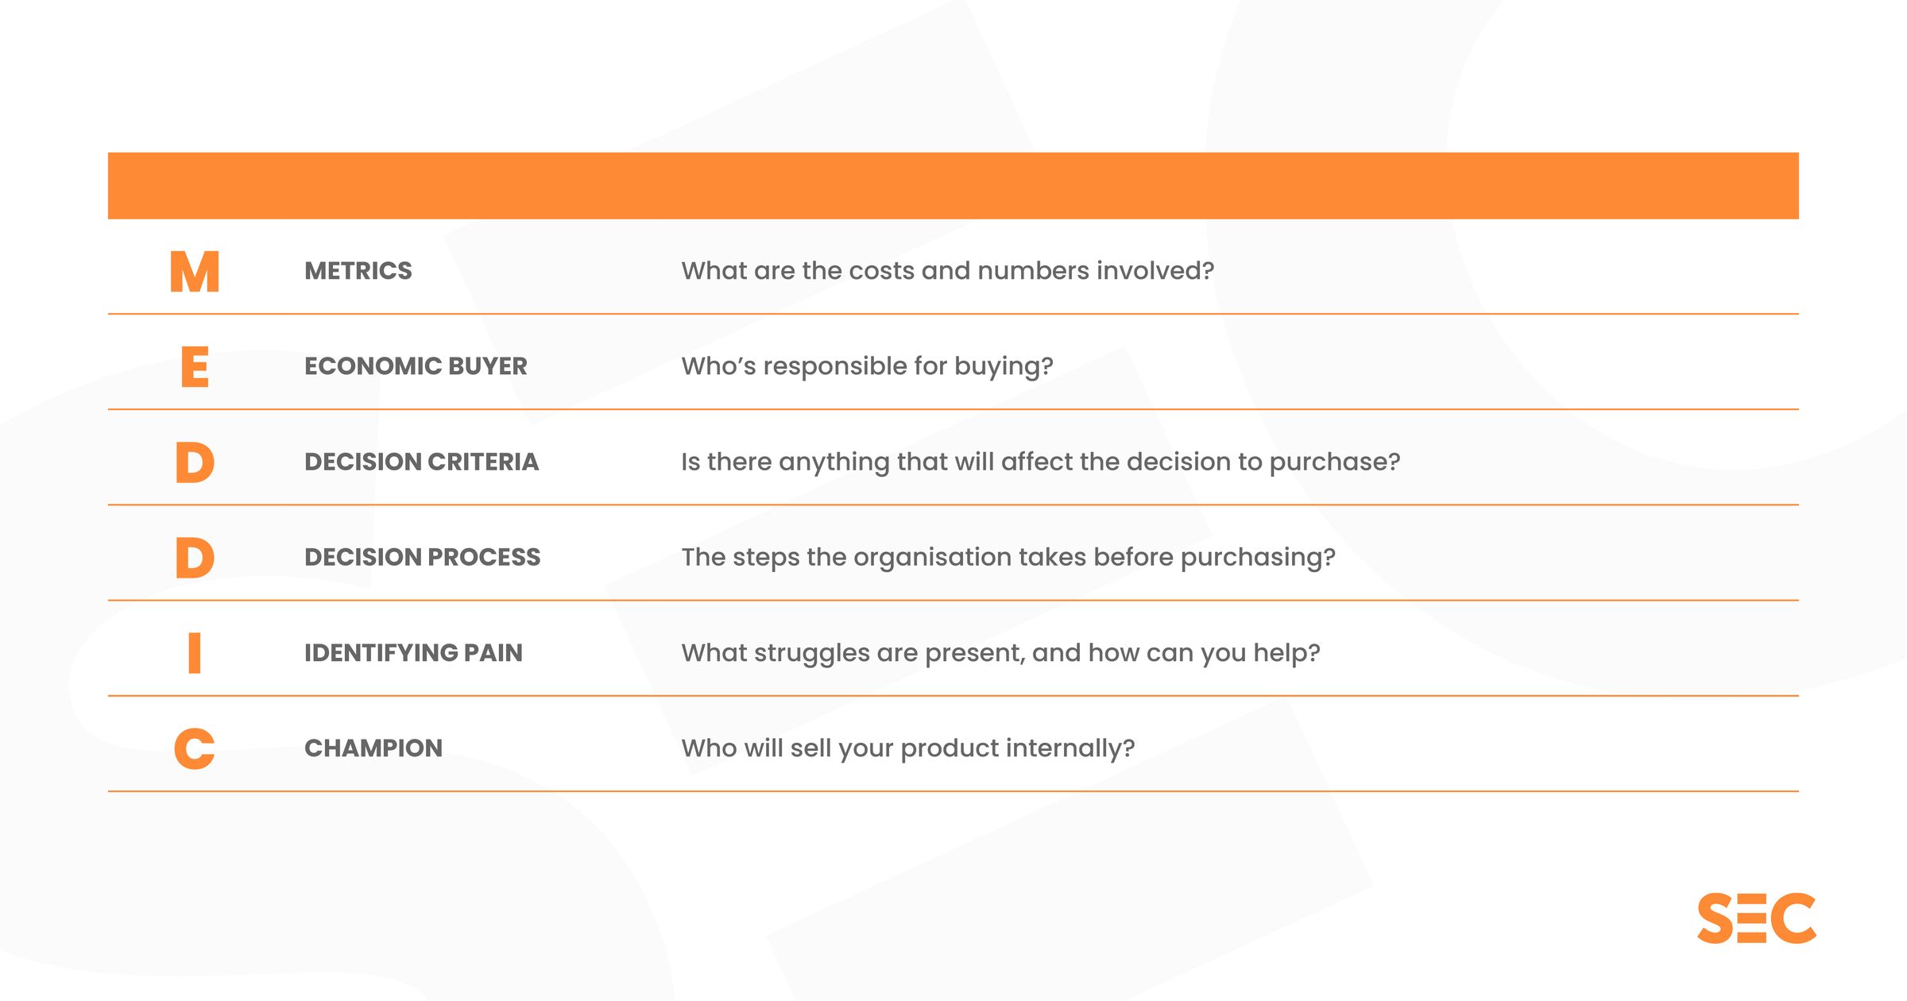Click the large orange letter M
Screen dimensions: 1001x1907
point(195,272)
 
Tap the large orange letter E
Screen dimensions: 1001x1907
point(195,367)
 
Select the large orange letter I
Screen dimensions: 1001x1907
point(195,653)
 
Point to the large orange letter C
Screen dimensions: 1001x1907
point(195,748)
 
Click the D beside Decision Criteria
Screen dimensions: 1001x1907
point(195,462)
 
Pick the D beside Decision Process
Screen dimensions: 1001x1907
point(195,558)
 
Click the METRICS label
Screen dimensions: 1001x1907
point(358,271)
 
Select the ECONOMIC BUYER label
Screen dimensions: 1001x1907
point(416,366)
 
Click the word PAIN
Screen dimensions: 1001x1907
point(493,652)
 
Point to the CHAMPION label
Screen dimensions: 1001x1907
point(373,748)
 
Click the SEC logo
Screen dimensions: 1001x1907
point(1756,918)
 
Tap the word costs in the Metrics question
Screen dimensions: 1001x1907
point(882,271)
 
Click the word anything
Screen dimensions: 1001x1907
point(834,462)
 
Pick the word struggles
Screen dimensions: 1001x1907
point(811,653)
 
